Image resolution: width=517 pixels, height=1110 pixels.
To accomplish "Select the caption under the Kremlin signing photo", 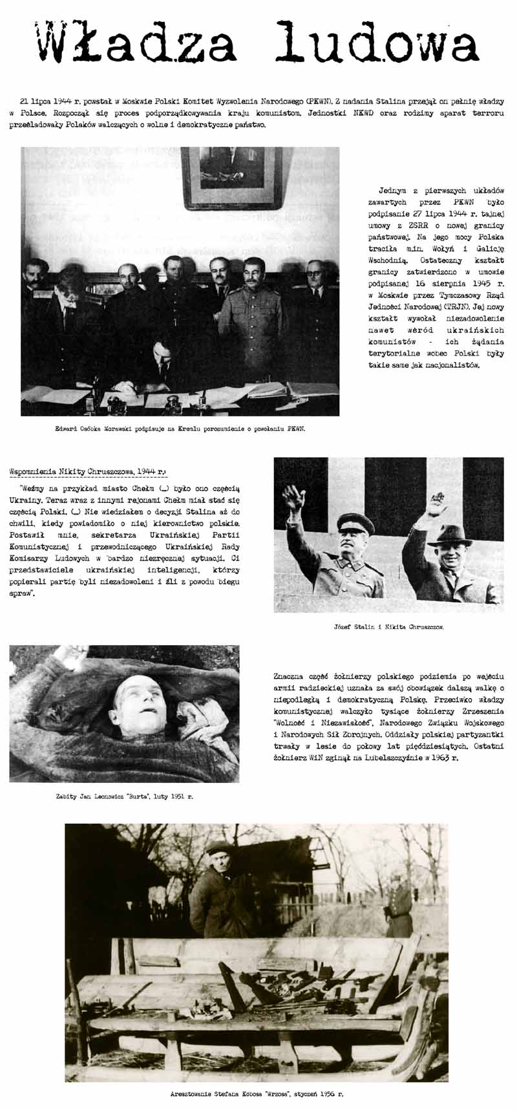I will (180, 429).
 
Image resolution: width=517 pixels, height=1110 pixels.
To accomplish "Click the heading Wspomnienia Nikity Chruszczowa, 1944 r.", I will (88, 472).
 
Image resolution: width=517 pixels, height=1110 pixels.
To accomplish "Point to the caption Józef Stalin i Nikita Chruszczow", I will (388, 626).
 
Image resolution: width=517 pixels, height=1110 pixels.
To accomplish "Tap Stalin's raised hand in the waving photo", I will (294, 498).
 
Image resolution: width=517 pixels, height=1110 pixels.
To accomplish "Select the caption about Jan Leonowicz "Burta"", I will (124, 796).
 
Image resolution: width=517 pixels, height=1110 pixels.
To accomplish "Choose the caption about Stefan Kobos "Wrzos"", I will (257, 1094).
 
